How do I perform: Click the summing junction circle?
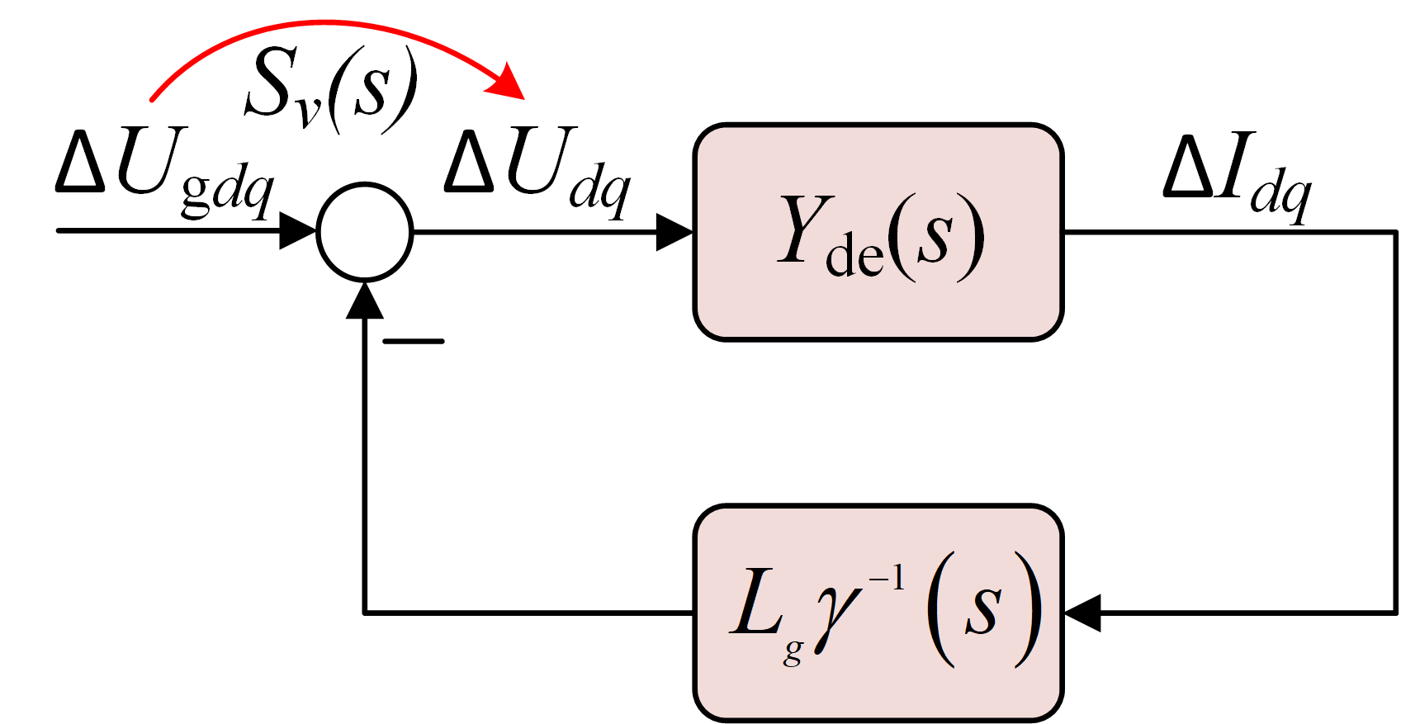click(x=365, y=231)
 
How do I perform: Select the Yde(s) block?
click(x=878, y=232)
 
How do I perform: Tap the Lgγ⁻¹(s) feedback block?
click(x=878, y=613)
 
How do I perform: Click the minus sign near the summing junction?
click(x=413, y=341)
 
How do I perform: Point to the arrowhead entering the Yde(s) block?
click(x=674, y=232)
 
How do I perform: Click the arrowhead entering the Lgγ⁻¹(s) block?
click(x=1082, y=613)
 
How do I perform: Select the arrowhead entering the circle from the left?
click(x=298, y=230)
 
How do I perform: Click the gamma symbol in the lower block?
click(x=838, y=615)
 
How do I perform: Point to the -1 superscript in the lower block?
click(x=887, y=579)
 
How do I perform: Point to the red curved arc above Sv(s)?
click(x=322, y=23)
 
